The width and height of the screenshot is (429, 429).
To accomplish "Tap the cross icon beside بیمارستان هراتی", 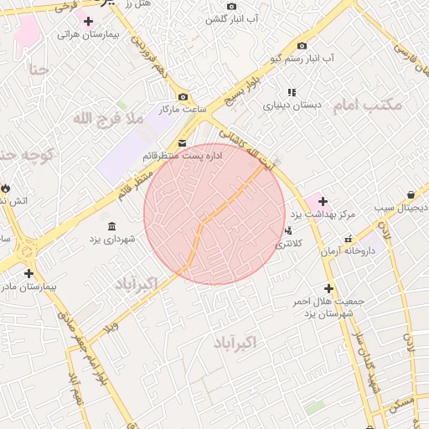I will tap(88, 21).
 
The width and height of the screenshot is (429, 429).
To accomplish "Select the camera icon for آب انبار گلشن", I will tap(231, 6).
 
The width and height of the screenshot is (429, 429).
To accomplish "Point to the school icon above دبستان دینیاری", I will tap(292, 92).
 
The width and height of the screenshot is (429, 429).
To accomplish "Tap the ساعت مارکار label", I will tap(183, 111).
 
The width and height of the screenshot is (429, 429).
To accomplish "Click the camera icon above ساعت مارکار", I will tap(183, 96).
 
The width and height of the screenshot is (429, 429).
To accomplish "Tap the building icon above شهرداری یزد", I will tap(112, 225).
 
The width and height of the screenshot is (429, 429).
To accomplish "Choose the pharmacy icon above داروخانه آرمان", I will tap(348, 238).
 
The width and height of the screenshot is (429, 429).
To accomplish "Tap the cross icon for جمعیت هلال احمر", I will tap(328, 288).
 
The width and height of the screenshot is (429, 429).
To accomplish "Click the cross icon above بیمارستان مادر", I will tap(29, 273).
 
